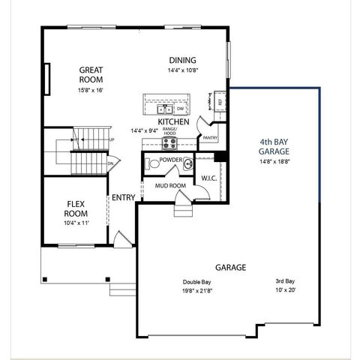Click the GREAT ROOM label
tap(91, 74)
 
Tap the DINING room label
tap(182, 61)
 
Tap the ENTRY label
tap(124, 198)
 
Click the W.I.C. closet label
tap(208, 178)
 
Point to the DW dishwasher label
tap(181, 108)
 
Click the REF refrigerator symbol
tap(220, 100)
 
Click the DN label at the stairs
tap(110, 163)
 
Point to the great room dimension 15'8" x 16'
tap(91, 90)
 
